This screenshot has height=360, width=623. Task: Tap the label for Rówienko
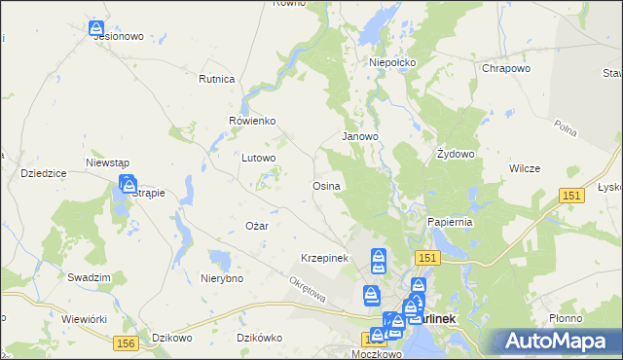tap(253, 121)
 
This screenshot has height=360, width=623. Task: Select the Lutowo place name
tap(260, 157)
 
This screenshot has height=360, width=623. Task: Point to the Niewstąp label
tap(108, 162)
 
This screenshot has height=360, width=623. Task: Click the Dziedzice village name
tap(43, 172)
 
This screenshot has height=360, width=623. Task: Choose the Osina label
tap(325, 185)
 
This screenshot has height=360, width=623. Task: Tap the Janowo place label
tap(359, 136)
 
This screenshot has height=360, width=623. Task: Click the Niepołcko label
tap(392, 62)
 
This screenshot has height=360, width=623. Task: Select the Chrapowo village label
tap(505, 69)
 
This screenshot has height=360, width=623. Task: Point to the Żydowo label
tap(456, 154)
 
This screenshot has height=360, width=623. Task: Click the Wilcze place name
tap(524, 168)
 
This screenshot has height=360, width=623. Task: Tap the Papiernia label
tap(450, 222)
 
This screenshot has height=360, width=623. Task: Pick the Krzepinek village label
tap(324, 258)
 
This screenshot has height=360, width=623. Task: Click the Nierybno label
tap(221, 277)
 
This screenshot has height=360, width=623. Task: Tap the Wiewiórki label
tap(83, 318)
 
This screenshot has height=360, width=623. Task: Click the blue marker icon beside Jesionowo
tap(96, 30)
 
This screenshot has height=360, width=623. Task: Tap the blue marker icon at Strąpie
tap(128, 183)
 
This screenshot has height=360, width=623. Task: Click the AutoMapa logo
tap(558, 341)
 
